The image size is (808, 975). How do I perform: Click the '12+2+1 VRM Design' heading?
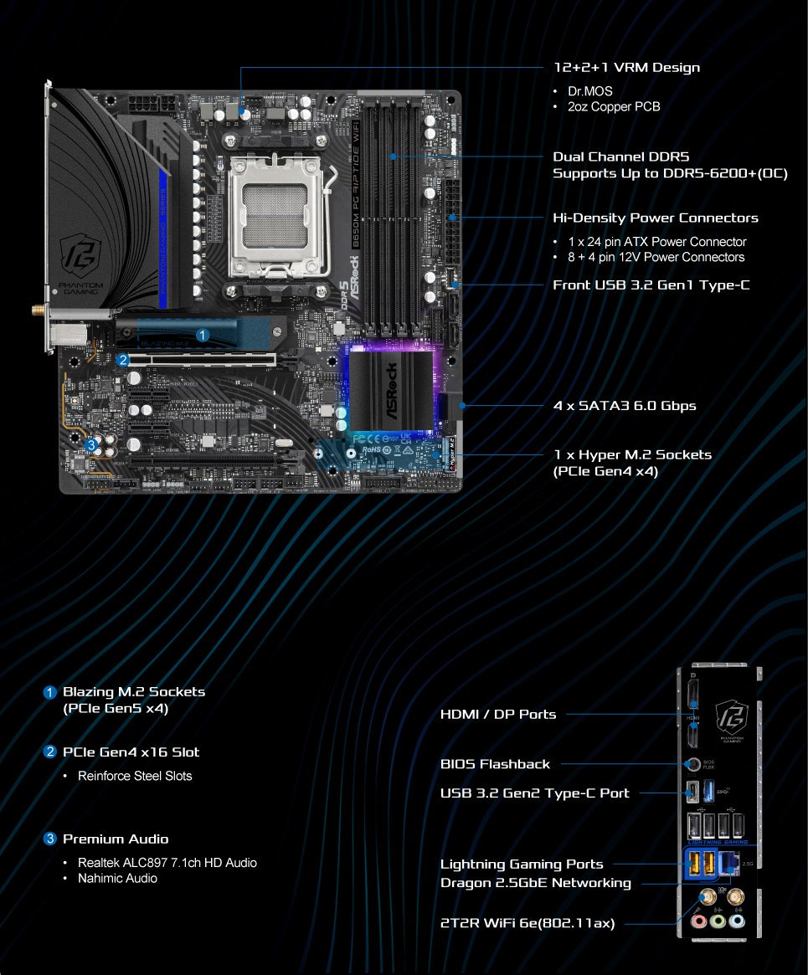(626, 67)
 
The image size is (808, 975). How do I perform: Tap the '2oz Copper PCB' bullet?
(614, 106)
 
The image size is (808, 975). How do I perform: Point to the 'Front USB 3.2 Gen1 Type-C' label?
(651, 285)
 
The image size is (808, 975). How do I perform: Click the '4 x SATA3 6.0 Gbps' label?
(625, 406)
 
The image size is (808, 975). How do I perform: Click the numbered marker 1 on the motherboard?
(201, 335)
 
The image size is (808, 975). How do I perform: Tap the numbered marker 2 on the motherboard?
(123, 360)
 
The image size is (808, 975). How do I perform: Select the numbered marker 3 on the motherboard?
(90, 444)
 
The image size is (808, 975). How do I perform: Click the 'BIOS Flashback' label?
(495, 764)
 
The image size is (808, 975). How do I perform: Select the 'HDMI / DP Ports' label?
(498, 714)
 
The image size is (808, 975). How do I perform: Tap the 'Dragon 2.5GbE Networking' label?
(536, 883)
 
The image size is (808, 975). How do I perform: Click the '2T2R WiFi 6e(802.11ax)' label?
(528, 923)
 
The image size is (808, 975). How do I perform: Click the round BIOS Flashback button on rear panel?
(692, 764)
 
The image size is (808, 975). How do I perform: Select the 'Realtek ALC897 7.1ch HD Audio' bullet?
(167, 862)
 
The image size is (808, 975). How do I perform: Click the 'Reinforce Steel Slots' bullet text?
(135, 776)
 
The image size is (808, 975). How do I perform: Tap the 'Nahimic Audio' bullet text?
(117, 878)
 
